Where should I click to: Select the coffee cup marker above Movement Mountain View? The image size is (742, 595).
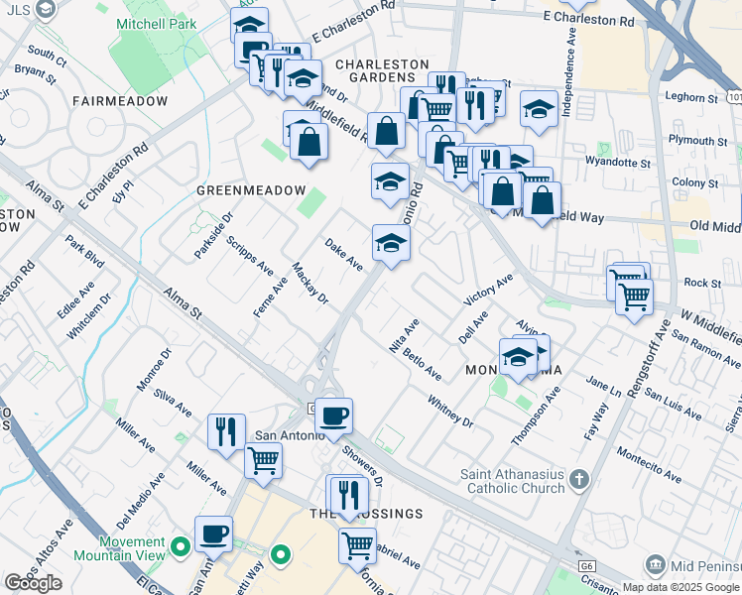click(213, 535)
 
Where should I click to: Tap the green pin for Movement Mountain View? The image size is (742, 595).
click(180, 546)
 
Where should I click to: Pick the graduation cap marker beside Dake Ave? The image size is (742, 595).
click(391, 244)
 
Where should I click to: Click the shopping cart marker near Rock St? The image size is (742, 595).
click(634, 295)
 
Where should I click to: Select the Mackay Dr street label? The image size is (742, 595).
click(309, 284)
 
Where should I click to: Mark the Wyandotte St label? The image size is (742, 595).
click(618, 161)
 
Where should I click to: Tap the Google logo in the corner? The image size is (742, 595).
click(33, 583)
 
